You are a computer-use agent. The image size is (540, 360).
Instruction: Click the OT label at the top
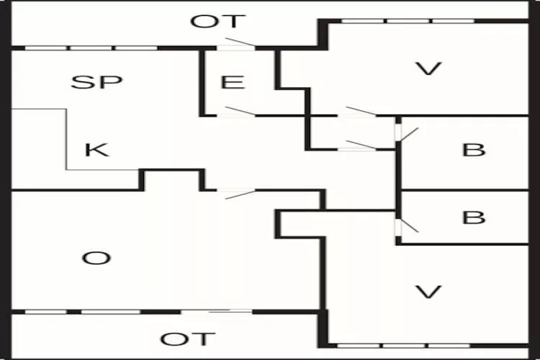click(x=217, y=22)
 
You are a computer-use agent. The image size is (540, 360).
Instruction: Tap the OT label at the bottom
click(x=187, y=339)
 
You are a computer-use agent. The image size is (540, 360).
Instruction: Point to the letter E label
click(x=233, y=82)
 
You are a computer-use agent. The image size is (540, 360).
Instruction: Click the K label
click(x=96, y=150)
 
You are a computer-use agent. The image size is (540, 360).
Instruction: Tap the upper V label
click(x=428, y=69)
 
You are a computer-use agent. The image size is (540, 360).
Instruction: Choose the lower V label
click(x=429, y=291)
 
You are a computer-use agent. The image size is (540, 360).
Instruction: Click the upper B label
click(x=473, y=150)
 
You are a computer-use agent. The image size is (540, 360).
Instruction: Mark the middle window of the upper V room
click(x=408, y=21)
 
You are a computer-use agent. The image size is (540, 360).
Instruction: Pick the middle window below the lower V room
click(x=408, y=345)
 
